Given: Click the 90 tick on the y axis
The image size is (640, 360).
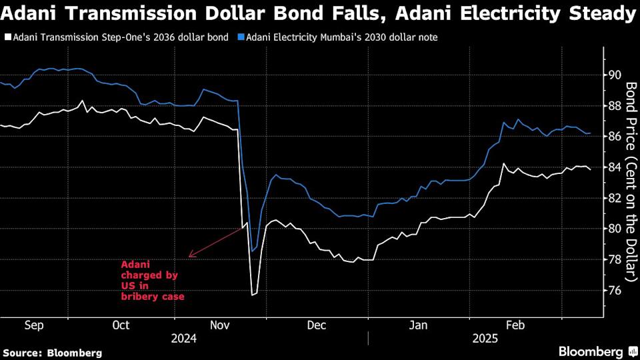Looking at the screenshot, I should click(x=613, y=75).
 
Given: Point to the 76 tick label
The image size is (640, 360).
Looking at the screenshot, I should click(x=613, y=290).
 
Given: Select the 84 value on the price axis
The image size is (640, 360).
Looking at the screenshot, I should click(x=613, y=167).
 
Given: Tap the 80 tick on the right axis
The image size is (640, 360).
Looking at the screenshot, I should click(x=613, y=229).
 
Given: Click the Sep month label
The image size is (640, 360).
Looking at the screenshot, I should click(x=33, y=325).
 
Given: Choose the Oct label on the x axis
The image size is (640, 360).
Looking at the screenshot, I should click(x=121, y=325).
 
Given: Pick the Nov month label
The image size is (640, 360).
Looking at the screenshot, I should click(x=220, y=325).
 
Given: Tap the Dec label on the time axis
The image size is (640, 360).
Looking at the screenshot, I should click(x=317, y=325).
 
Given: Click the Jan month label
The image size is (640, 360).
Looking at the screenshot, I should click(x=417, y=325).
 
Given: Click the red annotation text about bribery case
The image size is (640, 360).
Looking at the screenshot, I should click(x=153, y=281).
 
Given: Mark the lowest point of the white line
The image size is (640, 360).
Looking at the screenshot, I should click(x=252, y=295).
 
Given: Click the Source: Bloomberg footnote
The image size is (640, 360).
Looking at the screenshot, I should click(x=53, y=352).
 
